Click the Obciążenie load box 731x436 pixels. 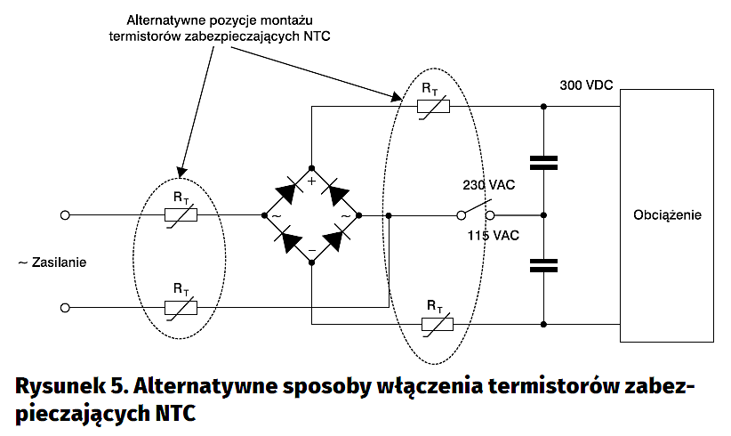(667, 215)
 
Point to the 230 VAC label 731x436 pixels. (486, 185)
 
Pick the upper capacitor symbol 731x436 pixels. (543, 162)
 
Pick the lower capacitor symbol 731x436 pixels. (543, 264)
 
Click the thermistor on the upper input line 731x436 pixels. (181, 215)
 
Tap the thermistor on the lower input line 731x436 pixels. (181, 307)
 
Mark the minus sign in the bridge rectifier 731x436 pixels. (312, 250)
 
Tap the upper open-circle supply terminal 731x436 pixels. (64, 215)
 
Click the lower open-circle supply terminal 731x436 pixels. (64, 307)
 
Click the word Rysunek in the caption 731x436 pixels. (59, 388)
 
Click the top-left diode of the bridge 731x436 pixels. (288, 191)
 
